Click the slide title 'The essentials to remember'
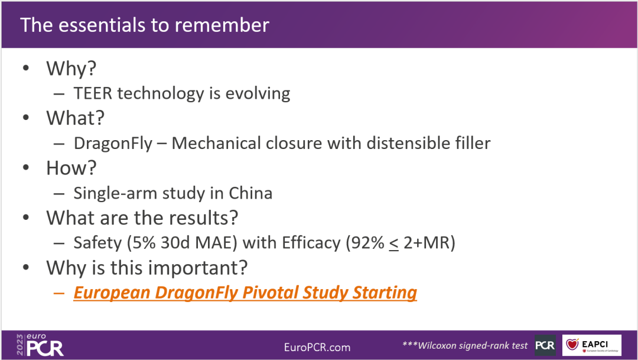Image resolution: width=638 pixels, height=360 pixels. tap(145, 25)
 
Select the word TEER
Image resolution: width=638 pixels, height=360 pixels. tap(93, 93)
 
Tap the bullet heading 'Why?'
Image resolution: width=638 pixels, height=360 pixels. tap(71, 68)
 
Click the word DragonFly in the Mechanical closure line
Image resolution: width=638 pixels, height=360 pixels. tap(113, 143)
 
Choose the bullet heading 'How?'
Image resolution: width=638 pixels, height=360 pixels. tap(71, 168)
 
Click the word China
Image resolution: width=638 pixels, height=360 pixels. tap(250, 193)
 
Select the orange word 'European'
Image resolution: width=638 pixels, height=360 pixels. tap(112, 293)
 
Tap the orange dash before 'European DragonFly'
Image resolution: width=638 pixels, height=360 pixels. tap(59, 293)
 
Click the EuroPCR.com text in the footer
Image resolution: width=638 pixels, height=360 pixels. tap(317, 348)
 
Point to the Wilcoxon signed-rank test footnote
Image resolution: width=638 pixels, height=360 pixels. tap(465, 345)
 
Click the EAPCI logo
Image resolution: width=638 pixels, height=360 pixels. tap(591, 345)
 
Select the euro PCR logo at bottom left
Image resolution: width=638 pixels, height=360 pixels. tap(40, 345)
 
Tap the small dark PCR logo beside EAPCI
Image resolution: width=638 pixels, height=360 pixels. tap(545, 345)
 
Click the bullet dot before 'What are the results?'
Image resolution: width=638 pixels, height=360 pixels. tap(26, 218)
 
